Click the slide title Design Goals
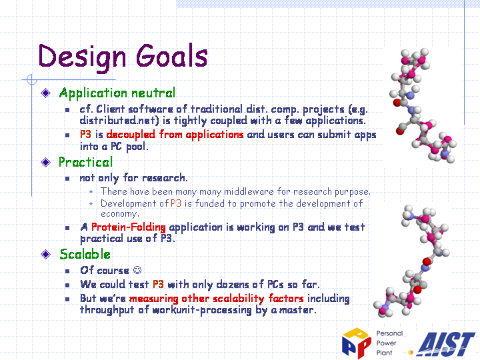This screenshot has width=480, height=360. tap(123, 57)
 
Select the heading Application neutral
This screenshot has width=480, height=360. tap(117, 93)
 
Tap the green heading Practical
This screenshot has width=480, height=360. tap(86, 162)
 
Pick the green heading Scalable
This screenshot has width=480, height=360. tap(85, 255)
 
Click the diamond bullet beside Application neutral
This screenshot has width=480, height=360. tap(45, 93)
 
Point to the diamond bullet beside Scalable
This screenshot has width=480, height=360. tap(45, 254)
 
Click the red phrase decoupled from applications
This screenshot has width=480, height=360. tap(175, 135)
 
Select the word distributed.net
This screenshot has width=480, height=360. tap(119, 120)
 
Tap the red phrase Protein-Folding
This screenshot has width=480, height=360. tap(129, 227)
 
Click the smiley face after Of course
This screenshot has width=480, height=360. tap(137, 270)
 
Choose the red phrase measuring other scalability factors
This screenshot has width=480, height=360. tap(217, 299)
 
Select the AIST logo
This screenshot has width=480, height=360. tap(446, 344)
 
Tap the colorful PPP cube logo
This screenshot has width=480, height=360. tap(356, 342)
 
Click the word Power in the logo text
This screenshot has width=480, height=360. tap(386, 343)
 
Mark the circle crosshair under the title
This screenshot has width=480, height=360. tap(32, 79)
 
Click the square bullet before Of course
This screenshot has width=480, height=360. tap(67, 271)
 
